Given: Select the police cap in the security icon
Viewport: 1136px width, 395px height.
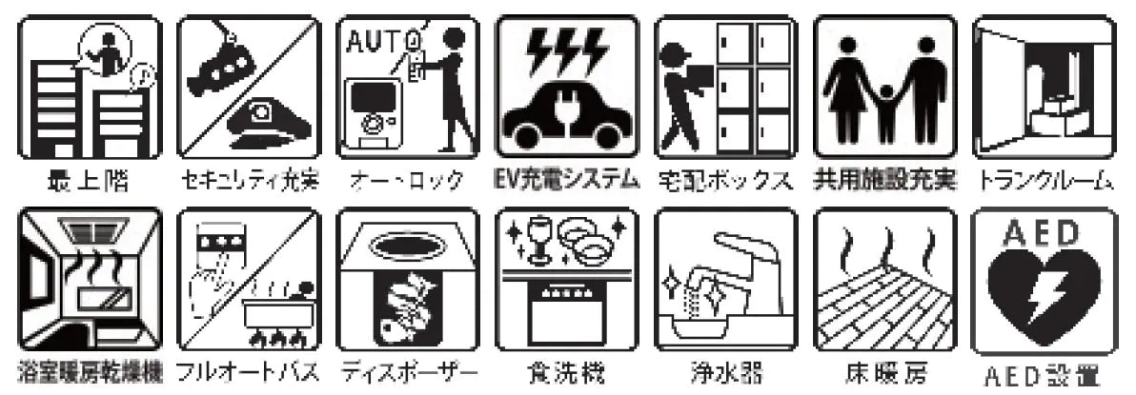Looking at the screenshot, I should (x=275, y=124).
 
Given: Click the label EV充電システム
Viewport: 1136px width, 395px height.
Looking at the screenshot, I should (x=566, y=179).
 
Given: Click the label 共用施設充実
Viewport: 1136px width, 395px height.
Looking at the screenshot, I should (x=883, y=179).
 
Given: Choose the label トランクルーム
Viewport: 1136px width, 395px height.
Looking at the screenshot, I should (x=1045, y=179).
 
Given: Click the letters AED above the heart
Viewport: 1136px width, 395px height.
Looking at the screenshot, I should (x=1042, y=232).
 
